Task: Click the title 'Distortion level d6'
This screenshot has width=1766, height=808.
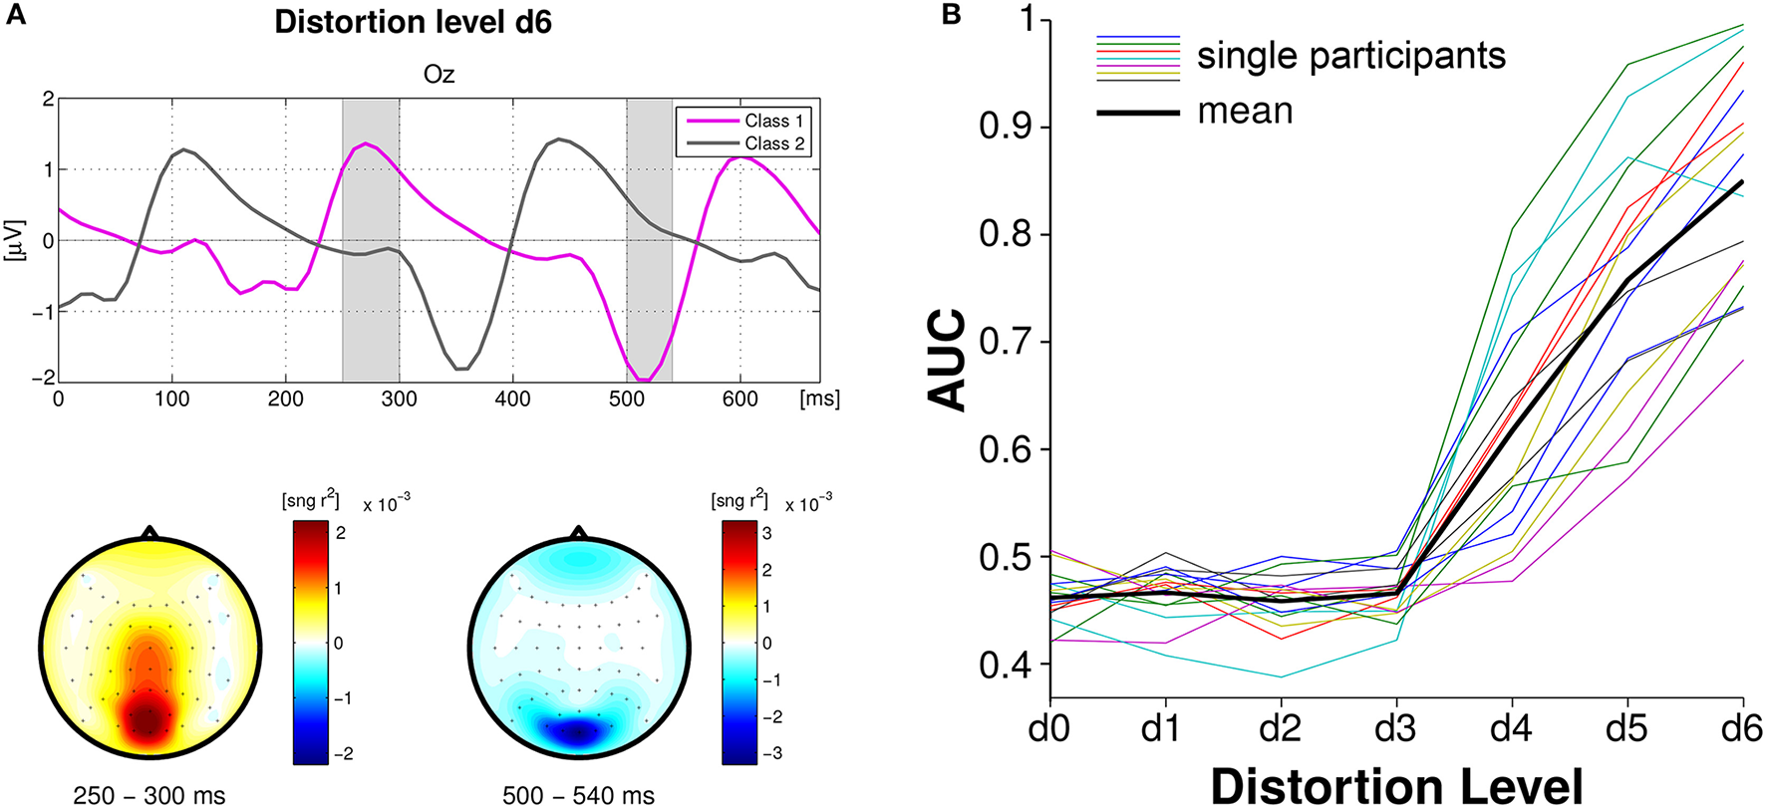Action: coord(413,22)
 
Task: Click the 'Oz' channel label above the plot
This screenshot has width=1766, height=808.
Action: coord(439,75)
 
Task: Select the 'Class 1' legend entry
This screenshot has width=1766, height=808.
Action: coord(773,121)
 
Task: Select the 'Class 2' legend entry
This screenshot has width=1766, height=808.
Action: coord(773,143)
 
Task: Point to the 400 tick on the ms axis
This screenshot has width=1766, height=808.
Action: coord(512,400)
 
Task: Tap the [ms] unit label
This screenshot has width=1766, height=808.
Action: coord(819,400)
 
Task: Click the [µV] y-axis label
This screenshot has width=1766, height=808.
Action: coord(15,240)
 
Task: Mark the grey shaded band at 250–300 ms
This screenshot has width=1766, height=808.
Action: coord(371,299)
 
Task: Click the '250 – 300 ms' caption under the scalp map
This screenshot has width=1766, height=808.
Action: coord(149,795)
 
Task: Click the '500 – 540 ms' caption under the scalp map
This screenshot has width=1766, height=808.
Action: coord(578,795)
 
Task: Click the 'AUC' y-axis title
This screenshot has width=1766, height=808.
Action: coord(948,360)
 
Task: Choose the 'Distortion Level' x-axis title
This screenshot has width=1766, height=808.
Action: coord(1396,785)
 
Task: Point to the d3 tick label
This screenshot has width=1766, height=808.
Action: coord(1395,729)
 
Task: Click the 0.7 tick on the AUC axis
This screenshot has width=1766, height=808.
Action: coord(1008,343)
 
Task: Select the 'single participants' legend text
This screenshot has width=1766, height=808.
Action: coord(1350,56)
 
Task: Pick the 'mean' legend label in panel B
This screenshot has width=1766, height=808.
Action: coord(1245,111)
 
